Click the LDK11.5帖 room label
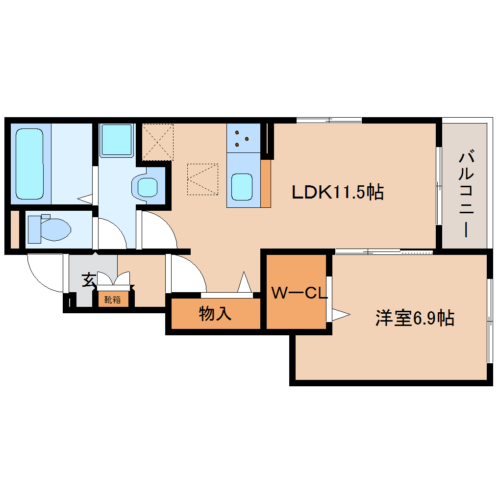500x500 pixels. (x=337, y=192)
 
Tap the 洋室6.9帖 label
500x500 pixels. (x=415, y=318)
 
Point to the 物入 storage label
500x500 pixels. (x=215, y=314)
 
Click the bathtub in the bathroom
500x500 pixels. (x=29, y=163)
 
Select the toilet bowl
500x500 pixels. (x=49, y=229)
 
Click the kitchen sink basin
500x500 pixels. (x=242, y=187)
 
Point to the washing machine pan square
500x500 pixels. (x=117, y=140)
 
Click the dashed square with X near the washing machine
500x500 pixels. (x=158, y=142)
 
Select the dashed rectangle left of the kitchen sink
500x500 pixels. (x=202, y=179)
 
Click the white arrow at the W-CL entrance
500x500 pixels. (x=340, y=314)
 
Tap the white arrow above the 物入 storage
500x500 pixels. (x=244, y=283)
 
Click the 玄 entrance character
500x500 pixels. (x=89, y=280)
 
